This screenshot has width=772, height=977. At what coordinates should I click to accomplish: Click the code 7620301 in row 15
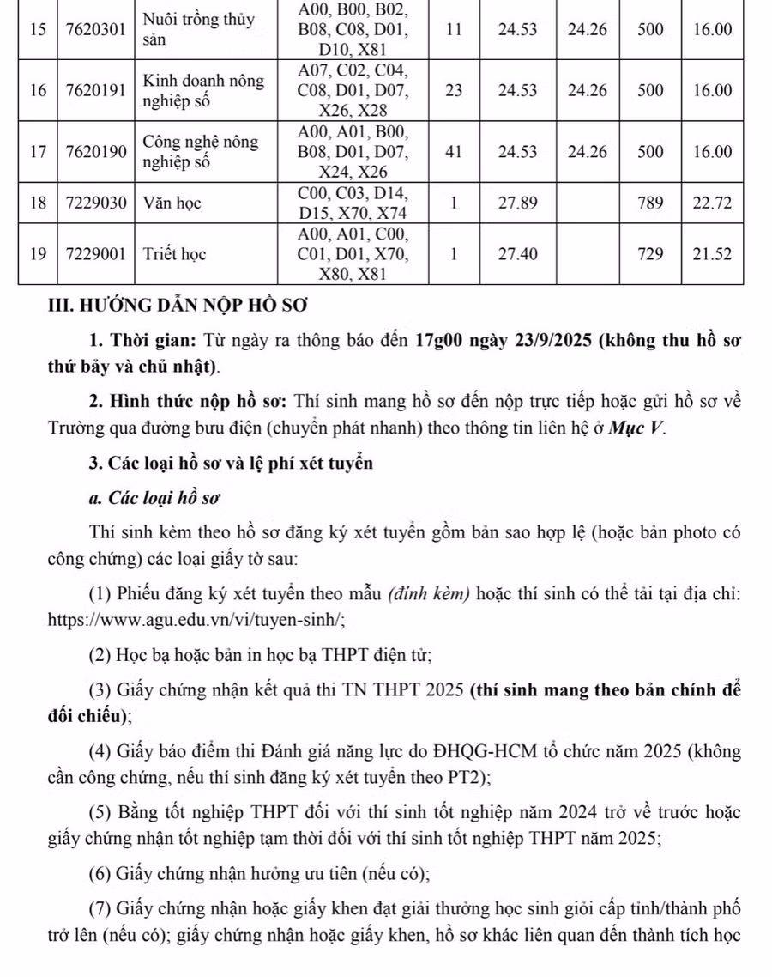pos(98,29)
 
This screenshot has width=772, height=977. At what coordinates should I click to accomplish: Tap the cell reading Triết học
pos(174,254)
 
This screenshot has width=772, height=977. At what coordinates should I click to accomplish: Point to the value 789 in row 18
pos(651,203)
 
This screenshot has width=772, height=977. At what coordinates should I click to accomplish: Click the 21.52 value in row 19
pos(714,254)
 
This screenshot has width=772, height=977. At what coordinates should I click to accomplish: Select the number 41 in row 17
pos(454,152)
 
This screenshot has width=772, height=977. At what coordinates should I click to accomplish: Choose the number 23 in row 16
pos(454,90)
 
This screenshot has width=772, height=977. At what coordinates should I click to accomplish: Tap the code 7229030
pos(98,203)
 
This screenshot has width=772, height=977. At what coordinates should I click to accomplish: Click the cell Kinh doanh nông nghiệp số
pos(204,90)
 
